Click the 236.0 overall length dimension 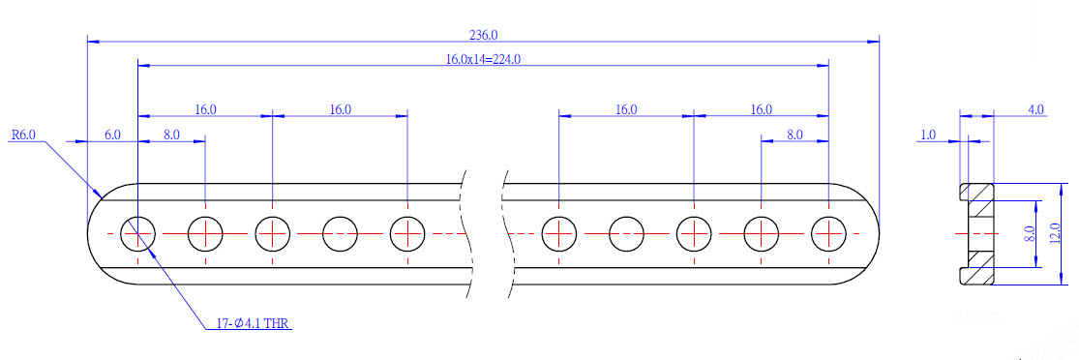(x=482, y=34)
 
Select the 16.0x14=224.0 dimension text (x=482, y=59)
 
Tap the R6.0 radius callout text (x=23, y=135)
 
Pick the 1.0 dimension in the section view (x=928, y=135)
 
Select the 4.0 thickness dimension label (x=1034, y=108)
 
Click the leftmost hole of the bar (x=138, y=234)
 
